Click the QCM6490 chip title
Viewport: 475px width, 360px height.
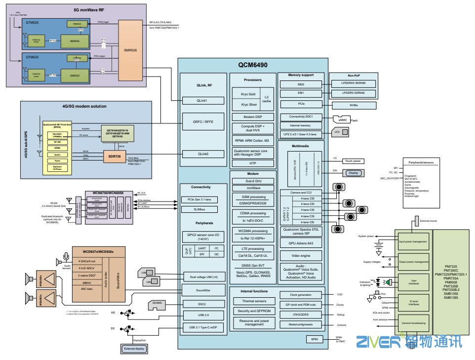tap(252, 65)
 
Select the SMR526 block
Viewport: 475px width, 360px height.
tap(130, 50)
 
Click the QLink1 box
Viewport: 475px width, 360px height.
tap(202, 101)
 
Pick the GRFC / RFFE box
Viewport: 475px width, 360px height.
tap(202, 121)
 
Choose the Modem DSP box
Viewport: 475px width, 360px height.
tap(252, 117)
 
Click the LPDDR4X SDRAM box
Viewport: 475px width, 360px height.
tap(353, 83)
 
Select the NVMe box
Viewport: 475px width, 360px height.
tap(353, 105)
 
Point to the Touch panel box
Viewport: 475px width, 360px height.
tap(353, 161)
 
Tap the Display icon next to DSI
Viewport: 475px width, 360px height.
tap(353, 173)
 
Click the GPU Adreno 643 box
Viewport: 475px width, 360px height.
tap(301, 243)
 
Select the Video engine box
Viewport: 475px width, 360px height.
tap(301, 256)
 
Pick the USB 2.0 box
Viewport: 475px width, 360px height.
tap(202, 315)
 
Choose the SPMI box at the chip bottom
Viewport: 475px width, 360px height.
tap(314, 339)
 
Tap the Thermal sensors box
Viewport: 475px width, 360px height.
tap(254, 301)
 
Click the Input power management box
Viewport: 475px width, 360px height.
tap(413, 241)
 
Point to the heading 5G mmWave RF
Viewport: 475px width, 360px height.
tap(89, 9)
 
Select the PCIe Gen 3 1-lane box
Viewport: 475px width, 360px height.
tap(202, 200)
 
